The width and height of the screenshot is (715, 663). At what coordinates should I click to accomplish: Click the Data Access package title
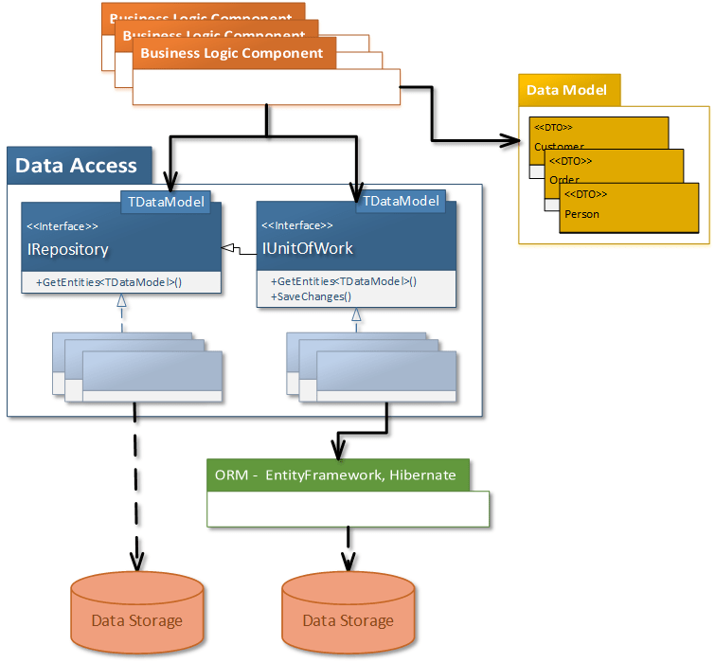tap(77, 166)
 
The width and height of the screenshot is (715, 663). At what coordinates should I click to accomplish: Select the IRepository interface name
tap(68, 250)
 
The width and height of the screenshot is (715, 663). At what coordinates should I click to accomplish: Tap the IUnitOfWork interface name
tap(308, 249)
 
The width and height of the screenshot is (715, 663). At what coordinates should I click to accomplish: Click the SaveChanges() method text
tap(312, 296)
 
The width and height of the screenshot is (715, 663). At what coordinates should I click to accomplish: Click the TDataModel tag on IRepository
tap(167, 202)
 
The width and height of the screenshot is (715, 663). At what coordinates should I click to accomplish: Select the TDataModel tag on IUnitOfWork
tap(402, 201)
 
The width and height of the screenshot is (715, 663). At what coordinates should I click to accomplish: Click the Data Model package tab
tap(568, 90)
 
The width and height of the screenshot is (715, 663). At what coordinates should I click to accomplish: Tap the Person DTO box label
tap(581, 214)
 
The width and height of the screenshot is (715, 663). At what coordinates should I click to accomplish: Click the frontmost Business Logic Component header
tap(232, 53)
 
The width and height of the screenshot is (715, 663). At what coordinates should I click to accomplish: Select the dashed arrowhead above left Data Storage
tap(136, 561)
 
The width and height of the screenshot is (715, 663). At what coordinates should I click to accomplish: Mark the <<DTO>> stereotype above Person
tap(584, 194)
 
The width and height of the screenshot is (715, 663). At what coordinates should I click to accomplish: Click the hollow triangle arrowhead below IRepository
tap(121, 300)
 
